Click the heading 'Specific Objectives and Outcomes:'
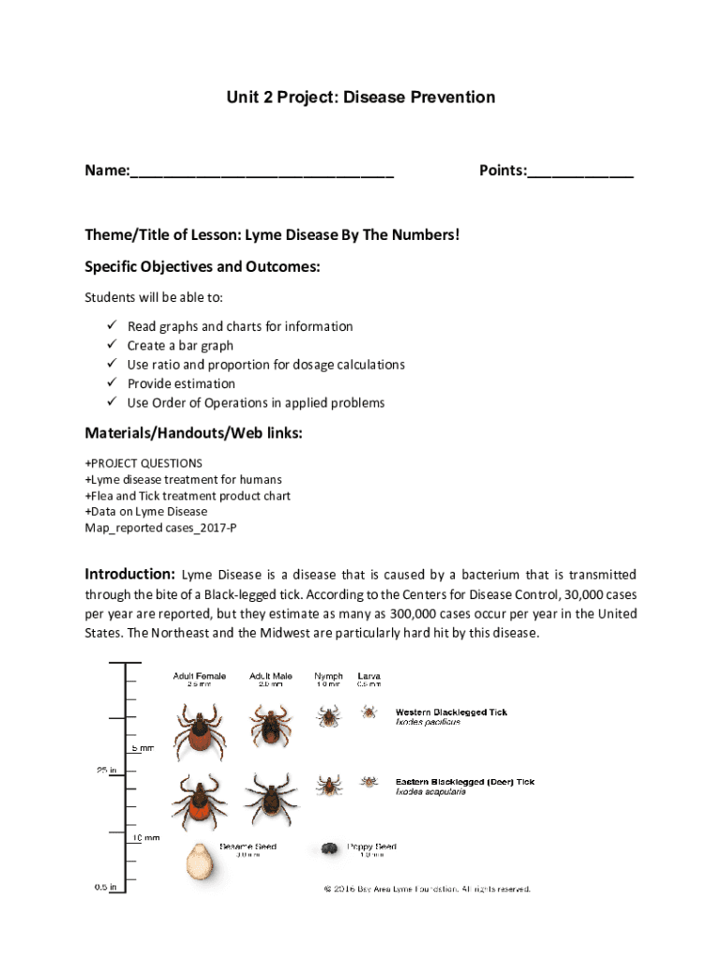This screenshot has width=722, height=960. pos(203,267)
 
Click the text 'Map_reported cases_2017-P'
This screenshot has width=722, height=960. pos(154,528)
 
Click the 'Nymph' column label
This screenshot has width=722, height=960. pos(328,675)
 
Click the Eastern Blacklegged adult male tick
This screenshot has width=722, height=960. pos(270,797)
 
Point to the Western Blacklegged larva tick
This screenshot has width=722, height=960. pos(369,712)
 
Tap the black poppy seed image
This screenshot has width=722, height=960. pos(329,849)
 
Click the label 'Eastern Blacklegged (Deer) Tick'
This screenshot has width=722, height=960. pos(464,782)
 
